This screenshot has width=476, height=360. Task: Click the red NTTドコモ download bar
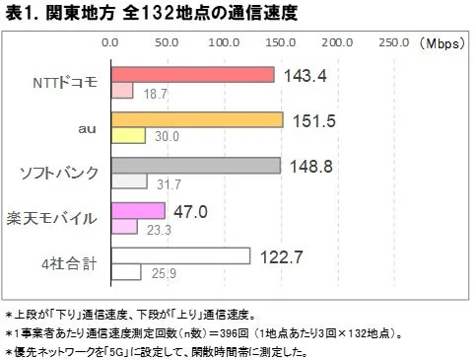tap(191, 75)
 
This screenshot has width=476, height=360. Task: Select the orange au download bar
tap(196, 119)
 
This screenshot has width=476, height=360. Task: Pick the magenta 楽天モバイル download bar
tap(137, 210)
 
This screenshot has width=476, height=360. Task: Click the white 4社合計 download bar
tap(179, 255)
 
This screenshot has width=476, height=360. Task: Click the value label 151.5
tap(313, 119)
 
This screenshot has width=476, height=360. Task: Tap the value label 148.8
tap(310, 165)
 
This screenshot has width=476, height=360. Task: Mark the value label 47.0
tap(190, 210)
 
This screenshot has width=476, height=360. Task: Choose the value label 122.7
tap(281, 255)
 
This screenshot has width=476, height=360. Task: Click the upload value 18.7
tap(155, 92)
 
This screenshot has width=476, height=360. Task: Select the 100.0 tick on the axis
tap(224, 43)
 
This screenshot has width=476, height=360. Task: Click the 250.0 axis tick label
tap(393, 43)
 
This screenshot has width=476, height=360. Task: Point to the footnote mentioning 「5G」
tap(158, 350)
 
